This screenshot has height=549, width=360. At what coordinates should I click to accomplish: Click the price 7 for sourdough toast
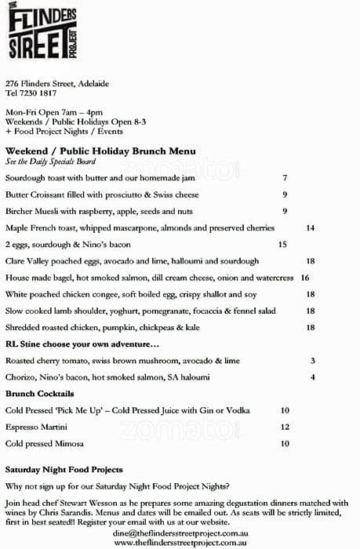coord(285,179)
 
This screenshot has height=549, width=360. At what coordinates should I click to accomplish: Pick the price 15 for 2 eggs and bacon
coord(283,244)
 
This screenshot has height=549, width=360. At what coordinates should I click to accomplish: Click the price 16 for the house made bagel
coord(304,278)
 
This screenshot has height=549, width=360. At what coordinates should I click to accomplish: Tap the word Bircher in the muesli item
coord(20,211)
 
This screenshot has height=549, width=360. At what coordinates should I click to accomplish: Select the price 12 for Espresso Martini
coord(285,427)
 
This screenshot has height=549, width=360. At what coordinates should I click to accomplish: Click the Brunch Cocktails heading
coord(40,393)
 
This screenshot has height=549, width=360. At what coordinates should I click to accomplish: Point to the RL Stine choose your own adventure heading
coord(82,344)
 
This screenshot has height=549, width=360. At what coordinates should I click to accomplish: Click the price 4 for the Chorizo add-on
coord(312,377)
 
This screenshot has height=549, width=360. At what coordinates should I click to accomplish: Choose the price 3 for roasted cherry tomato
coord(312,361)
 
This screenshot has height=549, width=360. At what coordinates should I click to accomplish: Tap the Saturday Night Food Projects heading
coord(64,470)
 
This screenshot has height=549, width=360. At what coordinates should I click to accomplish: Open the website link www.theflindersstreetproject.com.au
coord(180,542)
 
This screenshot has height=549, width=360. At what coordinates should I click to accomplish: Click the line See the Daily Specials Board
coord(50,162)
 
